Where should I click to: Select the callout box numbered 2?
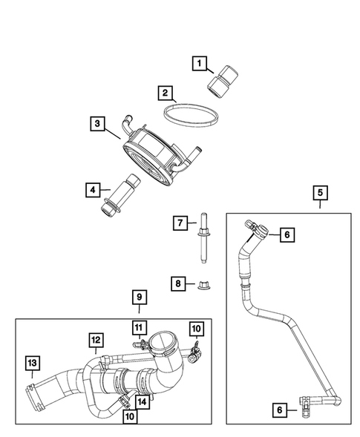[x=166, y=94]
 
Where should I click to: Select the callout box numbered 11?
[x=138, y=327]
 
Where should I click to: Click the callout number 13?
[x=31, y=363]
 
